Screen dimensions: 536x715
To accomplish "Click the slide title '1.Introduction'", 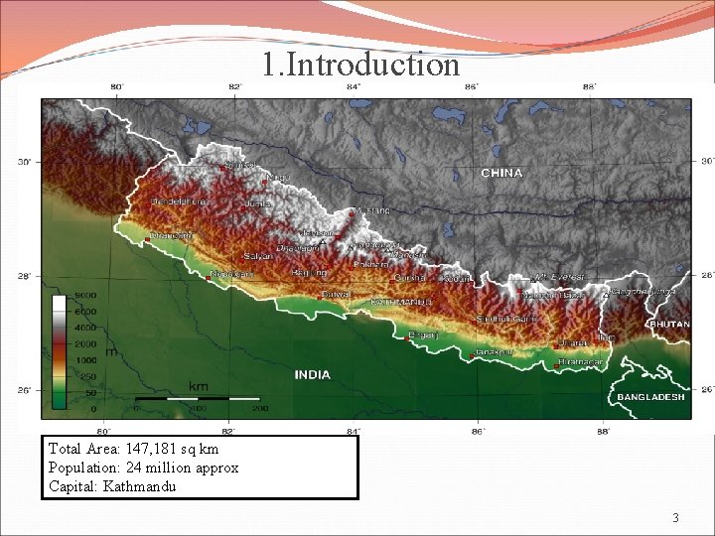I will tap(361, 66).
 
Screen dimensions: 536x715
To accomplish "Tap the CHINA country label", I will tap(501, 173).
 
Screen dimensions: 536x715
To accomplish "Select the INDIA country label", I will tap(312, 375).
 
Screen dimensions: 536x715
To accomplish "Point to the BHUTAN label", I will tap(669, 325).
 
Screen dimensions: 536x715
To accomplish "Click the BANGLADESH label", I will tap(650, 397).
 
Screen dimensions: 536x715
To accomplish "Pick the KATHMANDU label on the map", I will tap(401, 301).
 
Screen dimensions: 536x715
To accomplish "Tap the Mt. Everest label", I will tap(560, 277).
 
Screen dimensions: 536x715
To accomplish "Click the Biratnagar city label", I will tap(581, 362).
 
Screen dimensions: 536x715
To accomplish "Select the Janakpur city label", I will tap(494, 351).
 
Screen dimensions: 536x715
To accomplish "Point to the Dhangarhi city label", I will tap(173, 235).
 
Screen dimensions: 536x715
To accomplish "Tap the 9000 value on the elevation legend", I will tap(84, 296).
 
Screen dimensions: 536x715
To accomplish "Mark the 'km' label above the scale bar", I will tap(199, 384).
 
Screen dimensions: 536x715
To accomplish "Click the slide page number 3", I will tap(675, 517).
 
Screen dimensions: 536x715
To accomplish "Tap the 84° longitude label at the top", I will tap(353, 87).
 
